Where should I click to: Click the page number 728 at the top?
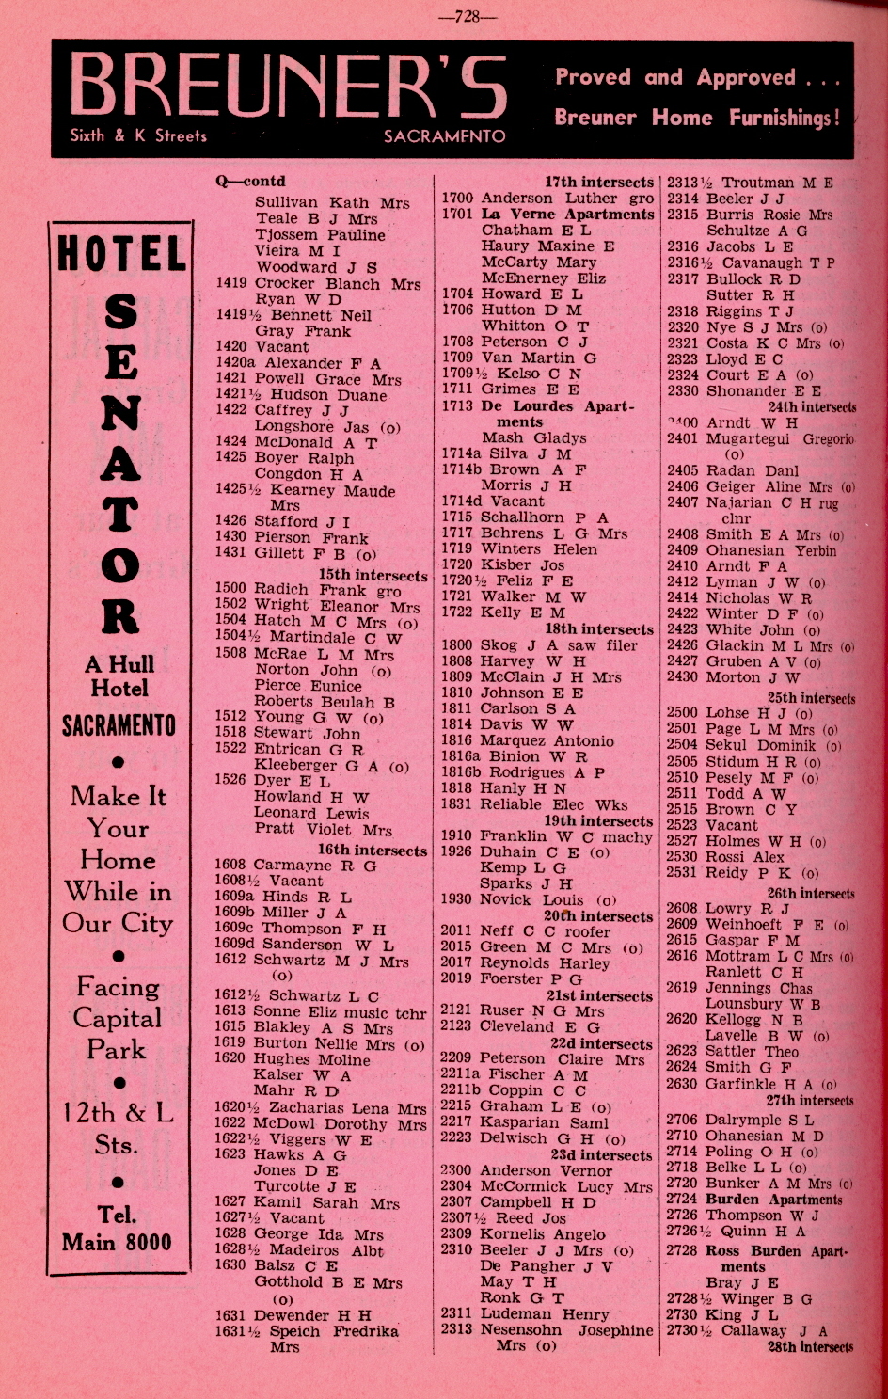(468, 16)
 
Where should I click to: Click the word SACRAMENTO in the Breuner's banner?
(444, 136)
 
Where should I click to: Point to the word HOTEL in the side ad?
(120, 255)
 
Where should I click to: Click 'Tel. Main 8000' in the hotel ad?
(118, 1228)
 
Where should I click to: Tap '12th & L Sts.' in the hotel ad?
(118, 1128)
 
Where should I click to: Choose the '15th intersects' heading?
(373, 575)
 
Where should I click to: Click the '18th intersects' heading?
(598, 628)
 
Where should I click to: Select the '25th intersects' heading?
(811, 698)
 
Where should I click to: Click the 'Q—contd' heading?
(250, 182)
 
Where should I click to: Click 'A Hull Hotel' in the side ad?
(119, 676)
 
